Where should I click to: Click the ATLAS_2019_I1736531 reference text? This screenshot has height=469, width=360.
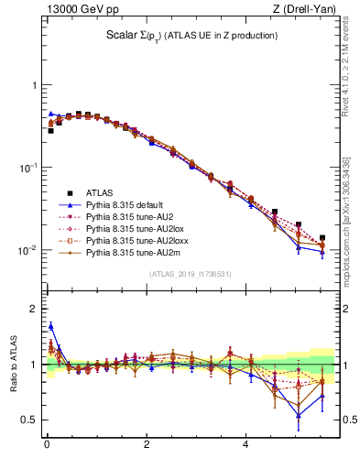[x=191, y=274]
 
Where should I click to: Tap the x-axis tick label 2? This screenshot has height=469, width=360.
[x=147, y=446]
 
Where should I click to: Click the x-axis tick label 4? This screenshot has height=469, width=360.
[x=245, y=446]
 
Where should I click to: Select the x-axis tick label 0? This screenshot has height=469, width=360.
[x=47, y=446]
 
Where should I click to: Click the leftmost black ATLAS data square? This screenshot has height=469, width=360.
[x=50, y=130]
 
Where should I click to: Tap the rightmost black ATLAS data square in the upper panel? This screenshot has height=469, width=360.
[x=322, y=238]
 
